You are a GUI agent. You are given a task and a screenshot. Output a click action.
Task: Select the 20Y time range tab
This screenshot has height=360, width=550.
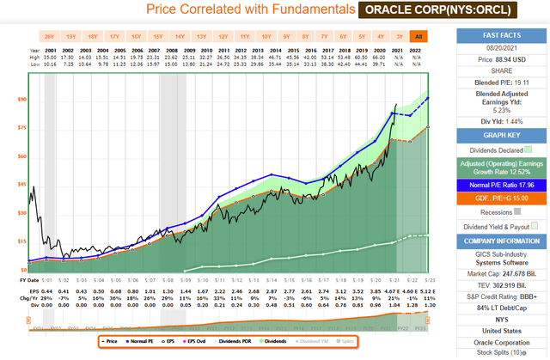coord(50,37)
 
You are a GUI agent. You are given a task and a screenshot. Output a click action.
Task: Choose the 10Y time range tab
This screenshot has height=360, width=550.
coord(266,37)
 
